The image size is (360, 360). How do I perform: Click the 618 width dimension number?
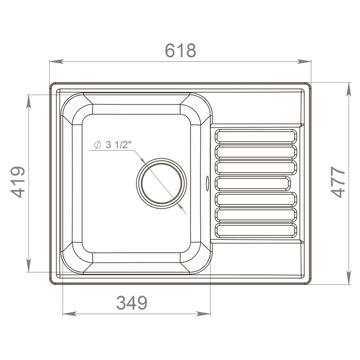click(180, 50)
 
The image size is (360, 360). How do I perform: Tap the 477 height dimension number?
click(338, 182)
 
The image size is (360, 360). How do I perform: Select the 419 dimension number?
click(18, 182)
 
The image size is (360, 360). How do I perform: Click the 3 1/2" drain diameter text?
click(118, 145)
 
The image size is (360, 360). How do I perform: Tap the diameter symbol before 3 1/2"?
click(98, 145)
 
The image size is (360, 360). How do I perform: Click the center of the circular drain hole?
click(162, 183)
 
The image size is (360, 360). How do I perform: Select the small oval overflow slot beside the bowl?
click(207, 183)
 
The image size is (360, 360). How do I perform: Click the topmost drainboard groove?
click(256, 137)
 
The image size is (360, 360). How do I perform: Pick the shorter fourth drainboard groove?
click(252, 183)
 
